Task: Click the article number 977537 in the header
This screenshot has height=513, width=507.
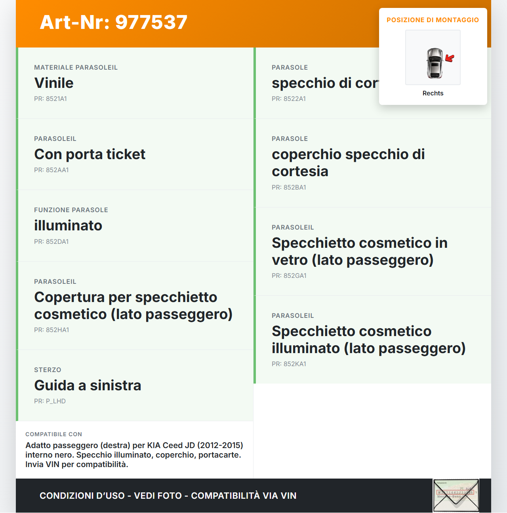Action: (x=151, y=22)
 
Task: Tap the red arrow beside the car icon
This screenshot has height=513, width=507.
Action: (x=450, y=59)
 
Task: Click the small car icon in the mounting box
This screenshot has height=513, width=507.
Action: (x=435, y=63)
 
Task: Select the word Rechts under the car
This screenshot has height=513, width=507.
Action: (x=433, y=93)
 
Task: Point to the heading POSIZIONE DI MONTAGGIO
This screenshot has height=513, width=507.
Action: (x=433, y=20)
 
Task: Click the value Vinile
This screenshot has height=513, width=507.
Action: (x=54, y=83)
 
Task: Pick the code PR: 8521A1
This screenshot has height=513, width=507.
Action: (x=50, y=99)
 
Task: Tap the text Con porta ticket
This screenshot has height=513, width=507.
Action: (x=90, y=154)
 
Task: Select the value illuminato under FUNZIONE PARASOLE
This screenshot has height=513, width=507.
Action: (x=68, y=226)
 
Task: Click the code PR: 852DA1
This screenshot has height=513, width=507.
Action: (x=51, y=242)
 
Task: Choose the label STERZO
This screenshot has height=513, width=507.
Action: (x=48, y=370)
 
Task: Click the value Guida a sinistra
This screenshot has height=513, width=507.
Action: (x=88, y=386)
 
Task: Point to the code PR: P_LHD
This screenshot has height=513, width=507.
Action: (x=50, y=401)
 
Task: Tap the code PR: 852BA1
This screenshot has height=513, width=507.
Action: (x=289, y=188)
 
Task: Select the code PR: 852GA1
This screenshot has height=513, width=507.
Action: (x=289, y=276)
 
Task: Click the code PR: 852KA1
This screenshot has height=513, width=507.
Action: (x=289, y=364)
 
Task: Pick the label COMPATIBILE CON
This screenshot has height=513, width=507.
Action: (x=53, y=434)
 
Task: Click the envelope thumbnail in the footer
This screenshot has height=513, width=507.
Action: (x=456, y=496)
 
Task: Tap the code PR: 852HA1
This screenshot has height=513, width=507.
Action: (x=51, y=330)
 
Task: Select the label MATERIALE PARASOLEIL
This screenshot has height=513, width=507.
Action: (x=76, y=68)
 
